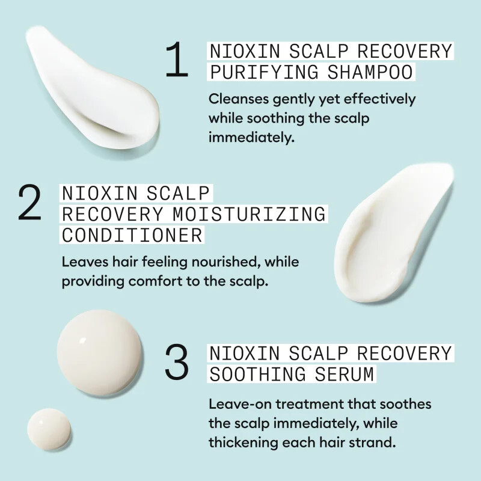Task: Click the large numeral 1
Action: tap(177, 61)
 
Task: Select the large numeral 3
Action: tap(177, 363)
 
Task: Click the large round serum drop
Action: tap(100, 349)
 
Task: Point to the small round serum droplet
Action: tap(49, 429)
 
